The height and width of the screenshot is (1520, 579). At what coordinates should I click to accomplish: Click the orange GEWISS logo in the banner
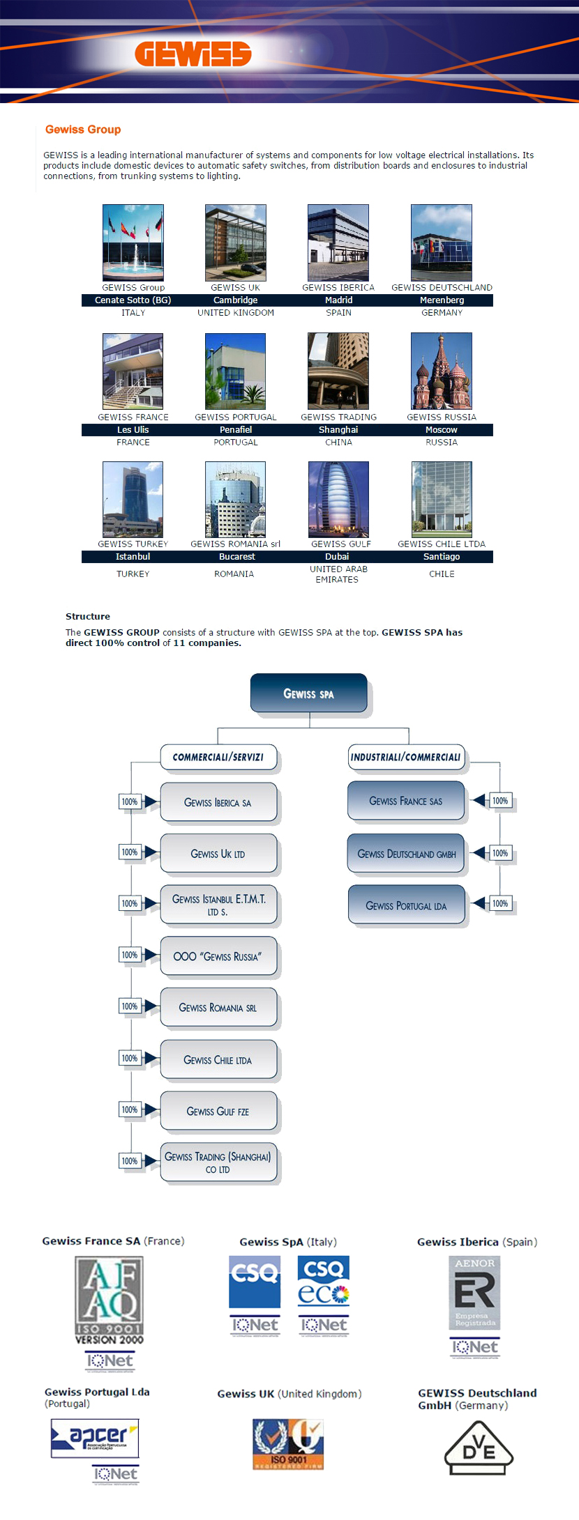(x=193, y=54)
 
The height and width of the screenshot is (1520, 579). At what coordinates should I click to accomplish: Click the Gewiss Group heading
(x=83, y=130)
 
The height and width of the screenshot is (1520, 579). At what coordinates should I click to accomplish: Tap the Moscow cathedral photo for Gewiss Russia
(x=442, y=371)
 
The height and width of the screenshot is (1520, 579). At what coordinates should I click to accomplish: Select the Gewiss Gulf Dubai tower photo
(x=338, y=499)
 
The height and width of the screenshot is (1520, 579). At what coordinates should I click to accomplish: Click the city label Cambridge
(x=236, y=300)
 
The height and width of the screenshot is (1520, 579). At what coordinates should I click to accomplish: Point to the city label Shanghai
(x=338, y=430)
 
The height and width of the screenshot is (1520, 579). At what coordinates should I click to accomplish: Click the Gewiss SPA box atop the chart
(x=309, y=693)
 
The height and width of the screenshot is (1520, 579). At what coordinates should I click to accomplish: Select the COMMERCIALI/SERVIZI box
(x=218, y=758)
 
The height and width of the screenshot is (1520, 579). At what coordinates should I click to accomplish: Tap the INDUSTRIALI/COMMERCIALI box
(x=405, y=758)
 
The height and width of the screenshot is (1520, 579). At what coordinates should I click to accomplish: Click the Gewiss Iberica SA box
(x=218, y=802)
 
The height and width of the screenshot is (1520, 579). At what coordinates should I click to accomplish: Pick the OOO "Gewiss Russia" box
(x=218, y=956)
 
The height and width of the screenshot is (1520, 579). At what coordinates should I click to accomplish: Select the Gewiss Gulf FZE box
(x=218, y=1111)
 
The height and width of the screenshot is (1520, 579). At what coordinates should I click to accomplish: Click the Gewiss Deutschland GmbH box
(x=406, y=854)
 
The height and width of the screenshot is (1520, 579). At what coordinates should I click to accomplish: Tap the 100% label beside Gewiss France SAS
(x=500, y=801)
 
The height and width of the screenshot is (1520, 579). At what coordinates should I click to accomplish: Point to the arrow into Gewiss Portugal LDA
(x=479, y=904)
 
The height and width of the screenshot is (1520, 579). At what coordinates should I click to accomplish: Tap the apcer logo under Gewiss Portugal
(x=95, y=1438)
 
